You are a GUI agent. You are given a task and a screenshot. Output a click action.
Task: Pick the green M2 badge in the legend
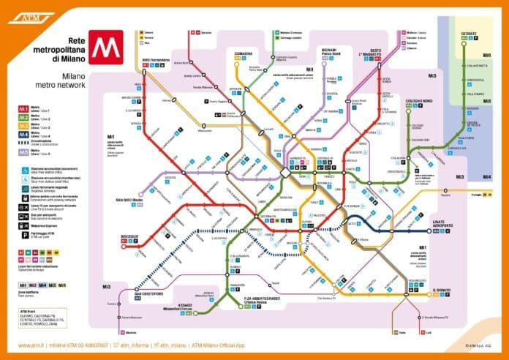coord(24,118)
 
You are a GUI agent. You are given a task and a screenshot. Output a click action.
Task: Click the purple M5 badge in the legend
coord(24,153)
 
